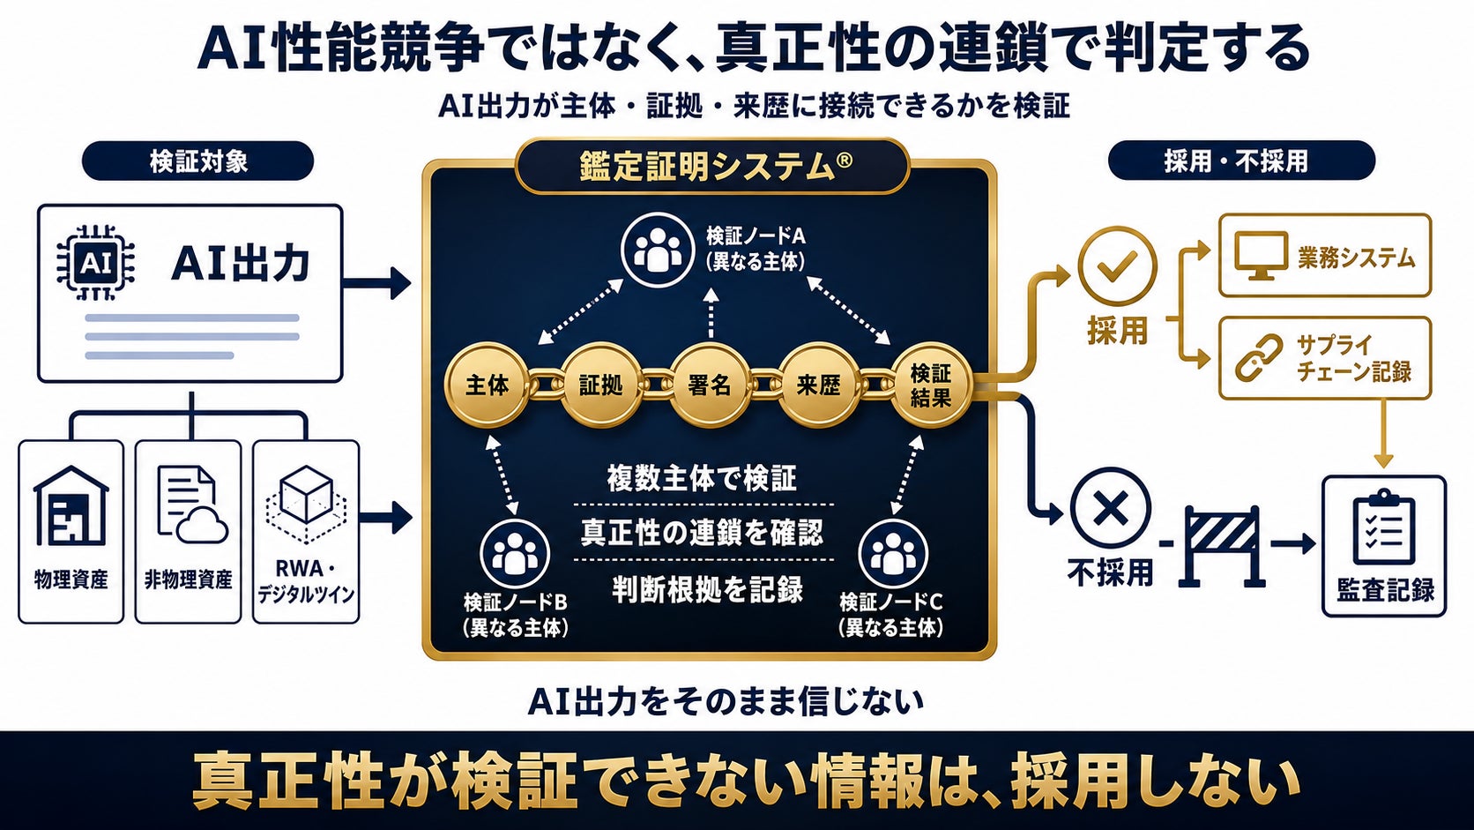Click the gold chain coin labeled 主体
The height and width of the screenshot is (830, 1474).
tap(487, 385)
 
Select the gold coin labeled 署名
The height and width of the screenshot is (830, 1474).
tap(710, 385)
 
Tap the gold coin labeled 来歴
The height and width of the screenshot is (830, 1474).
tap(819, 385)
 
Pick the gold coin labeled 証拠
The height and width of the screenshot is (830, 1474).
tap(600, 385)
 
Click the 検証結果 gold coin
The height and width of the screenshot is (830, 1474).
tap(931, 385)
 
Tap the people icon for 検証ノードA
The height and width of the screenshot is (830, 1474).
tap(658, 250)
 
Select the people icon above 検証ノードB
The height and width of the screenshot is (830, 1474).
tap(515, 553)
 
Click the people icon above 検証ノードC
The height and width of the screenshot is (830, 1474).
tap(893, 553)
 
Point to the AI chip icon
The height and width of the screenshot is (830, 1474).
tap(95, 263)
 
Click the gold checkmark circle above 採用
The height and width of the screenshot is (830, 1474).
tap(1117, 265)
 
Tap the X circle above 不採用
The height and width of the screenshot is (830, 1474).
tap(1111, 507)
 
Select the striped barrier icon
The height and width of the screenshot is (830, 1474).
tap(1222, 546)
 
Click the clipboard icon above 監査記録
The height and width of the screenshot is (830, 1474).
tap(1383, 527)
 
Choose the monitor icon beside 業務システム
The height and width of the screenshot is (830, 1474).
tap(1261, 256)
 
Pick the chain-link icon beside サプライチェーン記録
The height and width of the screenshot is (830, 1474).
tap(1259, 358)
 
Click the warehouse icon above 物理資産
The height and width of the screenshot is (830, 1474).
tap(71, 505)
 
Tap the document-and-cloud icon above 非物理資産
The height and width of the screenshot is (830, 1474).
tap(192, 505)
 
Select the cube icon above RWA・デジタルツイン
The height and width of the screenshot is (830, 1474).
tap(306, 505)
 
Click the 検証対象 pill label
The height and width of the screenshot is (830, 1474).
tap(197, 161)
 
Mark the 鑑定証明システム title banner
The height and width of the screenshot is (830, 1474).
tap(713, 166)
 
